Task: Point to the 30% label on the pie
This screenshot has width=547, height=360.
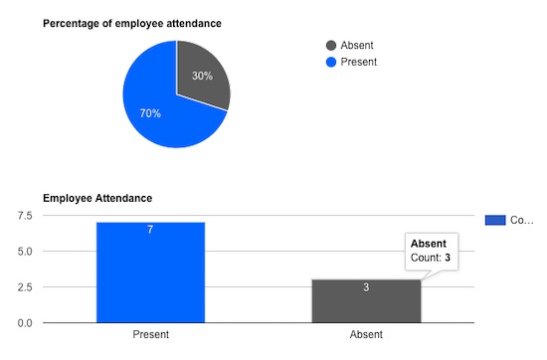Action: click(202, 77)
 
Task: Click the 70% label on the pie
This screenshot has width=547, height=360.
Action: click(150, 113)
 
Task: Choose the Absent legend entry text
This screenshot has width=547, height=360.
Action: click(357, 45)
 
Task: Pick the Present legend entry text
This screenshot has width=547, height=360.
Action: click(359, 62)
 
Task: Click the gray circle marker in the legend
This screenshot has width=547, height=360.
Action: click(331, 45)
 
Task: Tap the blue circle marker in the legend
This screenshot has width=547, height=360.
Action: click(331, 62)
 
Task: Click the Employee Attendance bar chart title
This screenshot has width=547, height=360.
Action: click(96, 199)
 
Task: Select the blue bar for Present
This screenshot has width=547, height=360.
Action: click(150, 278)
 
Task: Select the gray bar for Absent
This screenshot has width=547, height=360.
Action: click(366, 303)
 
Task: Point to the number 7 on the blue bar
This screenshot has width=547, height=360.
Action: click(150, 230)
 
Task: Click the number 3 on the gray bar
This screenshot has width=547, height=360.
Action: click(366, 287)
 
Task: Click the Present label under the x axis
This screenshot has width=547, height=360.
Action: click(150, 335)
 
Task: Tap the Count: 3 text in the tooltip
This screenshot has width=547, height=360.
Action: click(431, 258)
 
